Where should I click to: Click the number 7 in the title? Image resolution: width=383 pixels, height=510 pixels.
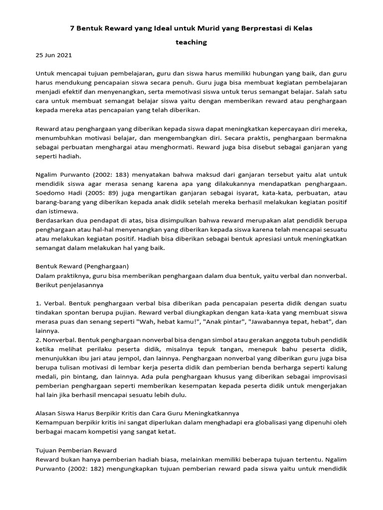[71, 29]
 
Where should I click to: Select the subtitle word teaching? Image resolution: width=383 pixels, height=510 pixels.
[191, 42]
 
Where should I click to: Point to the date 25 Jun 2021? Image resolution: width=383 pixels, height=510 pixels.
[54, 56]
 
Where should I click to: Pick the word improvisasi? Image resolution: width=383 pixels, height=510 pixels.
[327, 376]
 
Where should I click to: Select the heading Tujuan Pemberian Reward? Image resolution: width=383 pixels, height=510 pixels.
[76, 450]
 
